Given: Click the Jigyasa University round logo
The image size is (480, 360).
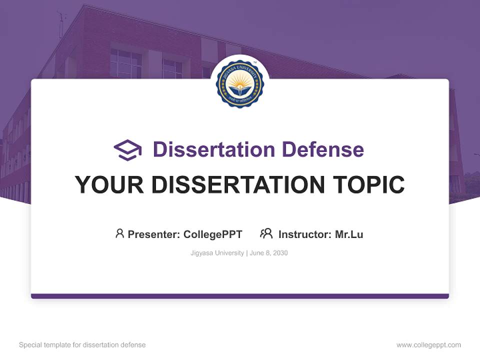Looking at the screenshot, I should (240, 83).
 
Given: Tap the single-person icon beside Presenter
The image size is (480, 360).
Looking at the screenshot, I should (119, 233).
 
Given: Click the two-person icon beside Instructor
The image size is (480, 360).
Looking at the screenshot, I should (266, 233).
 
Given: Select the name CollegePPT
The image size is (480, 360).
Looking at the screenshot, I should (213, 234).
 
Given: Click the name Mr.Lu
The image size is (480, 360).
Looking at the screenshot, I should (349, 234).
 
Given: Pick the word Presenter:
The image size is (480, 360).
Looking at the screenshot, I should (154, 234).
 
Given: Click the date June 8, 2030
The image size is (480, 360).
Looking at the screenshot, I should (268, 253).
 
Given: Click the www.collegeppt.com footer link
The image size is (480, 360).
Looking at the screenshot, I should (428, 345).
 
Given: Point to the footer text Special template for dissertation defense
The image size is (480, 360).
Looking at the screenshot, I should (82, 345).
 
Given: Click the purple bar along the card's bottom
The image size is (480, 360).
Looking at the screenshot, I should (240, 296).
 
